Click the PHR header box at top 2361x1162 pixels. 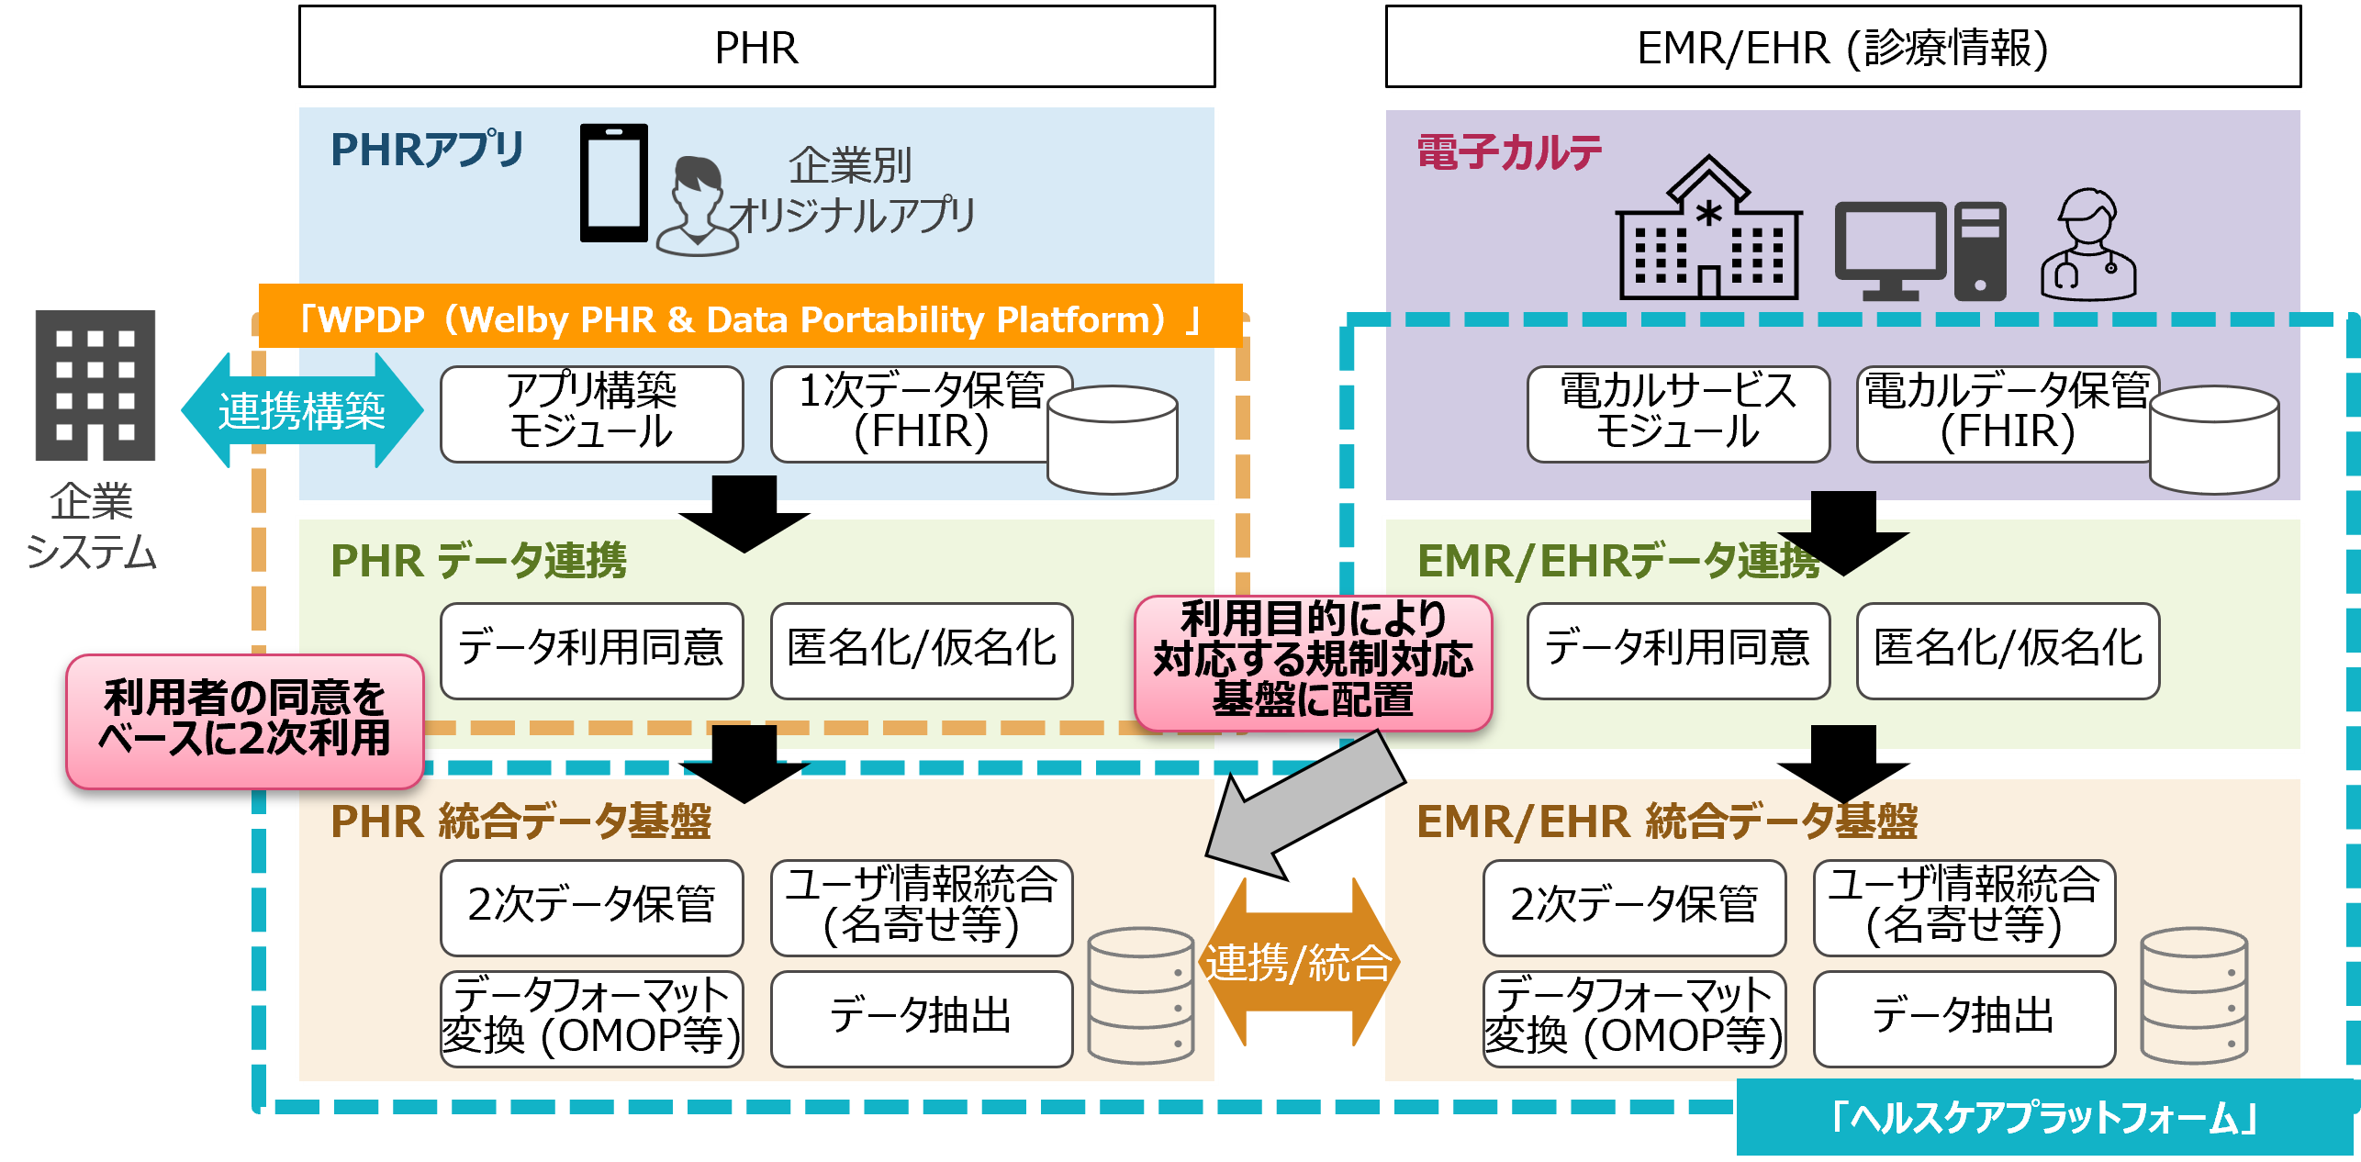pyautogui.click(x=756, y=48)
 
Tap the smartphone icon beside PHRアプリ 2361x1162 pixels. pyautogui.click(x=613, y=183)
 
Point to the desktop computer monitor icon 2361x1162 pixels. pyautogui.click(x=1889, y=248)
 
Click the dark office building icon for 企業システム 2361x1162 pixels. pyautogui.click(x=95, y=385)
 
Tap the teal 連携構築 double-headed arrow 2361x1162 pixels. pyautogui.click(x=301, y=410)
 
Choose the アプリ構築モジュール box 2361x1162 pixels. pyautogui.click(x=591, y=414)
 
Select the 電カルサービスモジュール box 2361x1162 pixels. pyautogui.click(x=1677, y=414)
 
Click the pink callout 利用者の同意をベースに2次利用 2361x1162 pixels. pyautogui.click(x=244, y=721)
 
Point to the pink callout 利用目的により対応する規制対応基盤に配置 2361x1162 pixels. pyautogui.click(x=1313, y=662)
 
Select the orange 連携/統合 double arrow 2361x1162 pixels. pyautogui.click(x=1298, y=963)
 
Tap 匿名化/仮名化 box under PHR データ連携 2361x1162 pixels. pyautogui.click(x=921, y=650)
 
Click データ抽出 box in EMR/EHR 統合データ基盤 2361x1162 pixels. pyautogui.click(x=1964, y=1018)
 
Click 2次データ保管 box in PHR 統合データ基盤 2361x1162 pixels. pyautogui.click(x=591, y=906)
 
